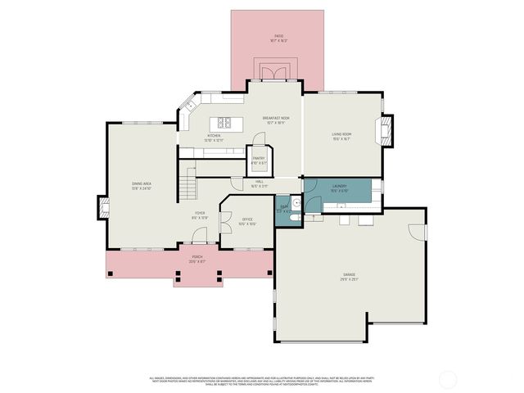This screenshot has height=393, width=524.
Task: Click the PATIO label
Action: pyautogui.click(x=278, y=38)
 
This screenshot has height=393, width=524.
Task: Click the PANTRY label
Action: pyautogui.click(x=258, y=160)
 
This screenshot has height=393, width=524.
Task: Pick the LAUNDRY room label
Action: pyautogui.click(x=338, y=187)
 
